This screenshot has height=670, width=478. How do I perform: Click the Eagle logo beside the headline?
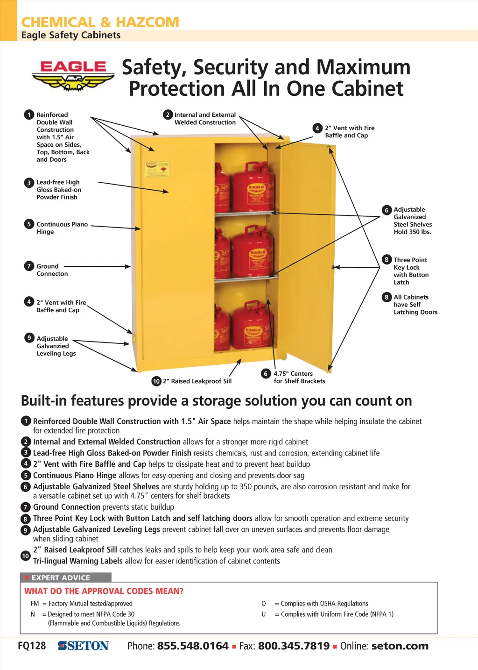click(x=73, y=75)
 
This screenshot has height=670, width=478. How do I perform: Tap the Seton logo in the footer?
click(x=83, y=646)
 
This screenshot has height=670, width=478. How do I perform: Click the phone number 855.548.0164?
click(x=193, y=646)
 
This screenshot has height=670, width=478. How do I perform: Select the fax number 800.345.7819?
click(x=294, y=646)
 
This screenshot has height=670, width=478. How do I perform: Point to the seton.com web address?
click(x=400, y=646)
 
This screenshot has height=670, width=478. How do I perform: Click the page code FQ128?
click(x=32, y=646)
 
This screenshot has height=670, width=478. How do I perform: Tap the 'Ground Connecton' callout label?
click(x=52, y=270)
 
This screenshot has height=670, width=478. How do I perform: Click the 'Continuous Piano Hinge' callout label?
click(x=62, y=228)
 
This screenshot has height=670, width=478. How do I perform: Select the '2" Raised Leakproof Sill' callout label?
click(x=197, y=381)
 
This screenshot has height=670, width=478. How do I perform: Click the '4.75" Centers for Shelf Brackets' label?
click(x=299, y=378)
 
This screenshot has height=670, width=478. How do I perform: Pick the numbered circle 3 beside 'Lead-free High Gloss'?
click(x=29, y=183)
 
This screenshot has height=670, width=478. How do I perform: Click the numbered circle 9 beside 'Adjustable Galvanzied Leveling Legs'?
click(x=29, y=338)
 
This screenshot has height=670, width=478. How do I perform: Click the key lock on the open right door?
click(x=333, y=267)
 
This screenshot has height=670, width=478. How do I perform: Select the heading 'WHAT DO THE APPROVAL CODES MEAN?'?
click(x=104, y=591)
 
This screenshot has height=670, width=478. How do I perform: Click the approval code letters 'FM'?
click(x=35, y=604)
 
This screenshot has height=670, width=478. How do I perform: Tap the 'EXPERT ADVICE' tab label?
click(x=61, y=578)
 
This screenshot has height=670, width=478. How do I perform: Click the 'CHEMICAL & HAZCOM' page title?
click(x=100, y=22)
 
